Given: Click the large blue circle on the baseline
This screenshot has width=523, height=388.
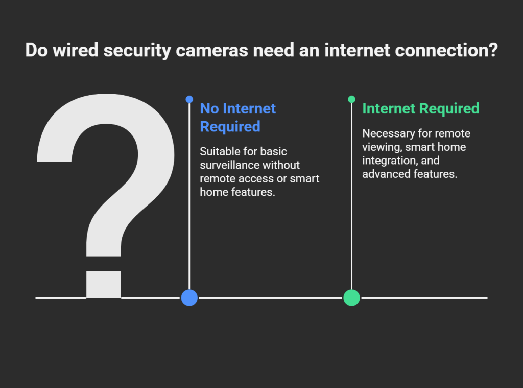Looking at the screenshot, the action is [189, 298].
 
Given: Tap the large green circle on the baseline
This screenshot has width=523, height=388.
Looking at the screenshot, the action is [351, 298].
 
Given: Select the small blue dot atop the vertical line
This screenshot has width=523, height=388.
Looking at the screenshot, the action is [189, 99].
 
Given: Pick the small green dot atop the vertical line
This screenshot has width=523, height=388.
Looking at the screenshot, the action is [351, 99].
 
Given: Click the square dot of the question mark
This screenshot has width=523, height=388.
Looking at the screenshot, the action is [104, 284].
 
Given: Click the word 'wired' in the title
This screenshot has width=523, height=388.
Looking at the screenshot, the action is [76, 50].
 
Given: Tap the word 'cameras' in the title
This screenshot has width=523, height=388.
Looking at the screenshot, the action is [212, 51].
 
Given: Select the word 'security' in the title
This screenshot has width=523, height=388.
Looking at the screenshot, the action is [137, 51].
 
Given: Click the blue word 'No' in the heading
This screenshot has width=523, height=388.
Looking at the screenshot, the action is [209, 108].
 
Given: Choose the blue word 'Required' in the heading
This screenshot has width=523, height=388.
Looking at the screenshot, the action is [230, 127].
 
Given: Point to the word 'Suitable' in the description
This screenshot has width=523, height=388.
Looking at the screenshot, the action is [219, 151].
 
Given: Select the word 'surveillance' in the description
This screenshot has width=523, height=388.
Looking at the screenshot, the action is [230, 165].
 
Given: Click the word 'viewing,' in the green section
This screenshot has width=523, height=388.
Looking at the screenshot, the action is [382, 147].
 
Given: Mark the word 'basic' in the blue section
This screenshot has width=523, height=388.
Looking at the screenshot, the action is [274, 151].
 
